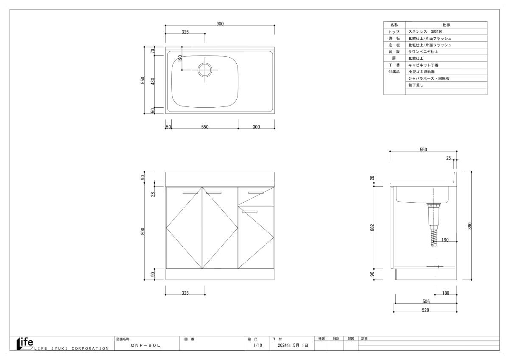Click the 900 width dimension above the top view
click(x=220, y=24)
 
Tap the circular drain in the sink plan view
click(x=205, y=70)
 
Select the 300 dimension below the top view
click(x=256, y=127)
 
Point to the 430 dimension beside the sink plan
click(x=153, y=81)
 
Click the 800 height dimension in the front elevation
click(x=143, y=231)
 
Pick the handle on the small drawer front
click(x=256, y=193)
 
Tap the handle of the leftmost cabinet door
click(x=190, y=193)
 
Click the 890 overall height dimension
click(x=470, y=226)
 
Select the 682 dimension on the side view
click(x=372, y=228)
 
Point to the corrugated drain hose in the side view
click(x=433, y=237)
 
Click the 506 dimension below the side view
click(x=426, y=301)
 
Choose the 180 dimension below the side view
click(x=446, y=293)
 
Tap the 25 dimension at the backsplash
click(x=448, y=158)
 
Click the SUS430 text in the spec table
click(x=436, y=31)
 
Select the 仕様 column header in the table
click(x=446, y=25)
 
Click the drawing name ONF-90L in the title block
click(x=145, y=345)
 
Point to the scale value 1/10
click(x=257, y=345)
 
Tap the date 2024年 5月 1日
click(x=293, y=345)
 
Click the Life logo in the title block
click(x=25, y=344)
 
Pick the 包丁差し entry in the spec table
click(x=416, y=85)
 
